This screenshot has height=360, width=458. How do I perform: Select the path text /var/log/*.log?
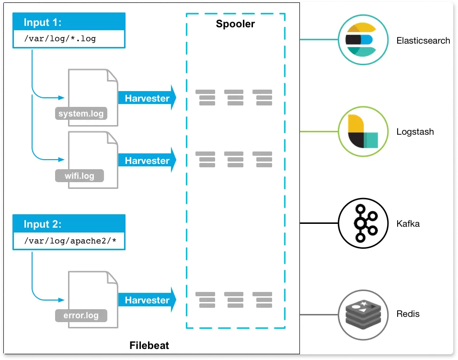pyautogui.click(x=60, y=39)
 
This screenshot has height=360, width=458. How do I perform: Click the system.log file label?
pyautogui.click(x=80, y=114)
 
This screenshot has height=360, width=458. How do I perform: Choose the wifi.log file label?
pyautogui.click(x=80, y=176)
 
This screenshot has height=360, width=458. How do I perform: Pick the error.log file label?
pyautogui.click(x=80, y=315)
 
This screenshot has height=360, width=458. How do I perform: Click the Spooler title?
pyautogui.click(x=235, y=24)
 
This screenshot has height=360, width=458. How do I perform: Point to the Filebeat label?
pyautogui.click(x=149, y=345)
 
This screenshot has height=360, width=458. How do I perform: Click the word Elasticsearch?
pyautogui.click(x=423, y=41)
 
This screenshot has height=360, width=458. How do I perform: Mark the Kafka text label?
pyautogui.click(x=408, y=223)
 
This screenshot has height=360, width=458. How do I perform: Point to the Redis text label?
pyautogui.click(x=408, y=314)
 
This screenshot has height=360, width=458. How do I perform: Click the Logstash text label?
pyautogui.click(x=415, y=132)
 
